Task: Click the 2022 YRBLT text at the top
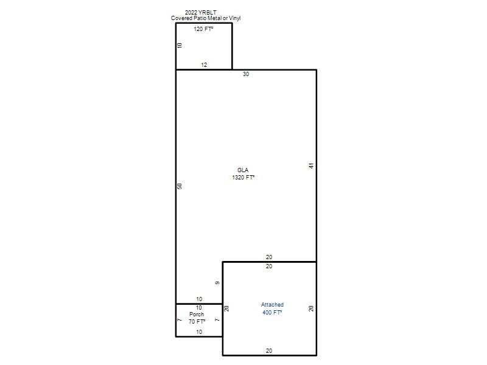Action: (x=201, y=12)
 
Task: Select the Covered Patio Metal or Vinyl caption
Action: (x=206, y=18)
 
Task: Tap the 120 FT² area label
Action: (x=203, y=29)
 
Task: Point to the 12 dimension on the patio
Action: (x=204, y=65)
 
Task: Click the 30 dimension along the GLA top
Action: (x=246, y=74)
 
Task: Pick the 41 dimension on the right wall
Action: (x=311, y=165)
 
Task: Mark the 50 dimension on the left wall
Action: (x=180, y=186)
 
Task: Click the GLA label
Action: (x=243, y=170)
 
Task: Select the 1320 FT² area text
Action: (x=243, y=178)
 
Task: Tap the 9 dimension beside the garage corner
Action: (x=217, y=283)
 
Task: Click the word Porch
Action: (x=197, y=315)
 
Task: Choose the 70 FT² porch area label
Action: (x=197, y=322)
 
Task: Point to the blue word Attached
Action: (x=272, y=305)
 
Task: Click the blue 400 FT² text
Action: (x=272, y=312)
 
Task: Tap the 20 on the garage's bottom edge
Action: (x=269, y=351)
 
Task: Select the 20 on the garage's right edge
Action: (x=311, y=308)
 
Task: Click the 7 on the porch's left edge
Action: (x=180, y=320)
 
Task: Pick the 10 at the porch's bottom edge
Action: (x=199, y=332)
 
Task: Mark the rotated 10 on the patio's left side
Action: (x=180, y=45)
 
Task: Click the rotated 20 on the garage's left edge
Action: (x=226, y=308)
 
